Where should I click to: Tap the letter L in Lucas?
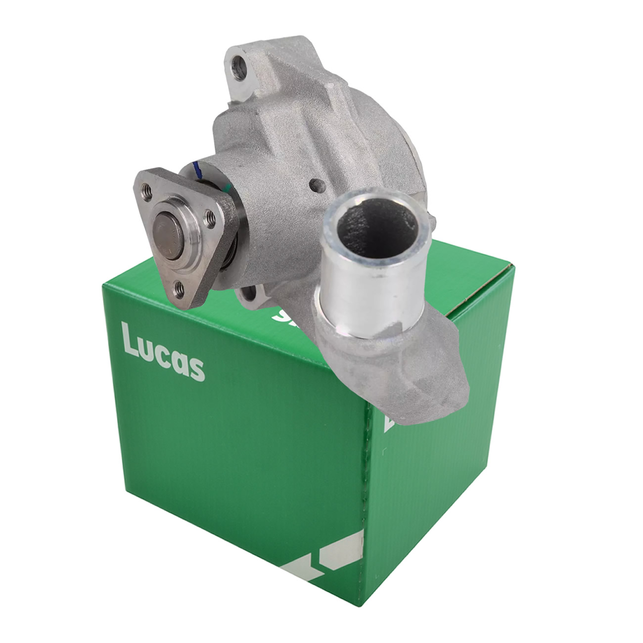pyautogui.click(x=130, y=341)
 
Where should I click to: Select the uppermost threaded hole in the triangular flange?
pyautogui.click(x=146, y=188)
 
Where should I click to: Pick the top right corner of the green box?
pyautogui.click(x=514, y=267)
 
